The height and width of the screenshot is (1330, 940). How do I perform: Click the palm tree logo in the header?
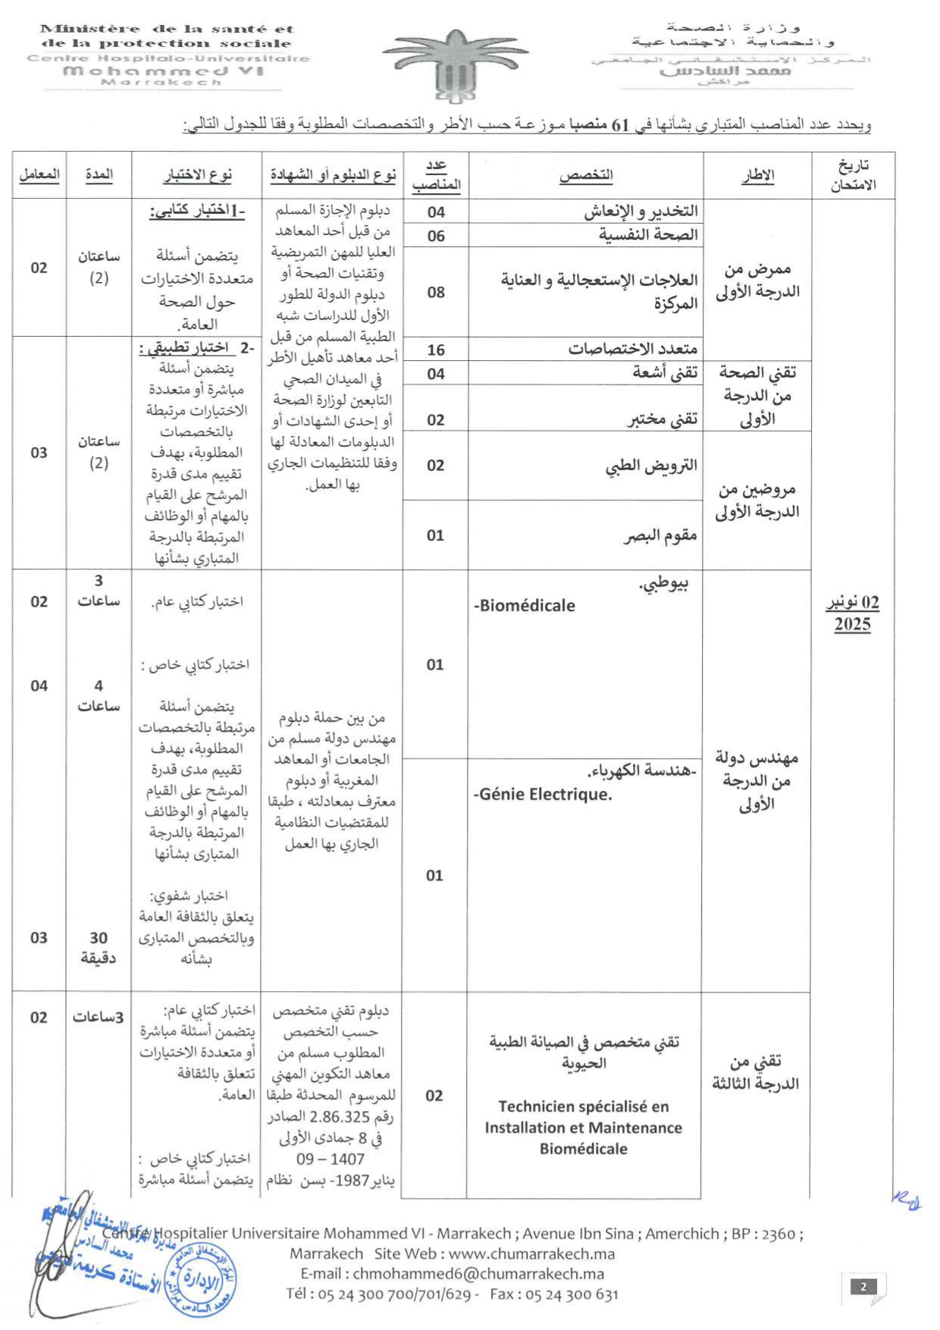pos(455,65)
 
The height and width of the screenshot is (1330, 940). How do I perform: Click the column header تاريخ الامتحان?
pos(853,175)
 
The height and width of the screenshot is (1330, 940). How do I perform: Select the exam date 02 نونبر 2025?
pos(852,613)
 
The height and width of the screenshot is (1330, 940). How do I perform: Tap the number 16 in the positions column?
pos(436,350)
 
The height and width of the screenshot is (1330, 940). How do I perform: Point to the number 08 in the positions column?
pos(436,292)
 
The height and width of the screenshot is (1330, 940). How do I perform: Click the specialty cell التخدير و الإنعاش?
pos(641,211)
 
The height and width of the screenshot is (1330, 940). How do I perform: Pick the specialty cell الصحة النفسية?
pos(648,235)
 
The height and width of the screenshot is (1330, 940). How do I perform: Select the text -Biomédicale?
pos(525,605)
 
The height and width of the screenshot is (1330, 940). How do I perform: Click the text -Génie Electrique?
pos(543,795)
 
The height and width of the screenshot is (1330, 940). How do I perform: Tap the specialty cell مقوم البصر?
pos(660,535)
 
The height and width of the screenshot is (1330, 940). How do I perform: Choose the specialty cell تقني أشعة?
pos(665,373)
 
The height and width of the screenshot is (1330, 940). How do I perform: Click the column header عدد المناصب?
pos(436,175)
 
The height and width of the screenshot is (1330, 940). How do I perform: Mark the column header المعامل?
pos(39,174)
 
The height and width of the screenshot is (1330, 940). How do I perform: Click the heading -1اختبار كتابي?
pos(197,211)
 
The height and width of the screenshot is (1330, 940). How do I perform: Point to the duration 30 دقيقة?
pos(98,948)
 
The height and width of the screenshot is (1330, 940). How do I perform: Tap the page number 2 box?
pos(863,1286)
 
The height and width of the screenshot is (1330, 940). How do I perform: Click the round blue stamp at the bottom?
pos(199,1280)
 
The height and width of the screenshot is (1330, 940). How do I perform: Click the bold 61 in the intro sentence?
pos(621,124)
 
